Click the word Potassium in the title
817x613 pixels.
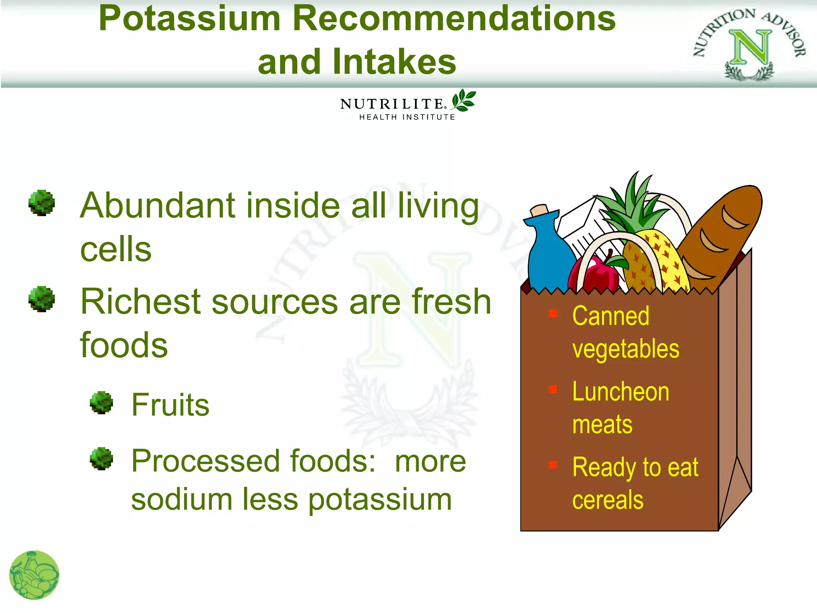(190, 18)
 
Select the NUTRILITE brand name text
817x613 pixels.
(392, 104)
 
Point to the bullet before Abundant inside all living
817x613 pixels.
(41, 203)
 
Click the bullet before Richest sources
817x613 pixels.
(41, 299)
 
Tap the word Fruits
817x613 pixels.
(170, 405)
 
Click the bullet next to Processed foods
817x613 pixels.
(101, 459)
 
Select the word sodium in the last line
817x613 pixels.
(182, 499)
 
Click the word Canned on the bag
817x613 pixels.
(610, 316)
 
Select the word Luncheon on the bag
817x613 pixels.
(620, 392)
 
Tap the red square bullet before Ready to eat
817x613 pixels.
(553, 465)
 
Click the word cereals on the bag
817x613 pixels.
(608, 500)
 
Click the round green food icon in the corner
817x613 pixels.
(34, 575)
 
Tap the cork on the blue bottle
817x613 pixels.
(539, 210)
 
